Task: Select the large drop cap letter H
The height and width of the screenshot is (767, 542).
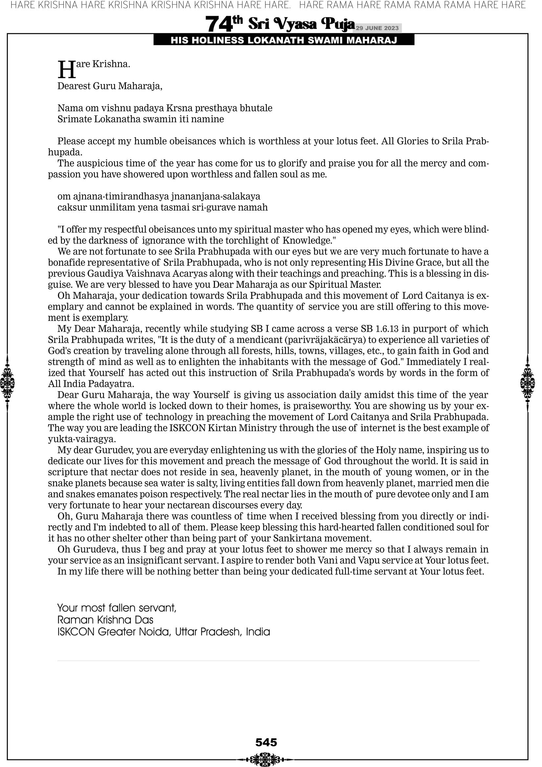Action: tap(66, 70)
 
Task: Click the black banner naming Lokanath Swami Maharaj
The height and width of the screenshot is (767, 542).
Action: tap(284, 40)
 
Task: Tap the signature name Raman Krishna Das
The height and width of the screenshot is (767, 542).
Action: tap(105, 620)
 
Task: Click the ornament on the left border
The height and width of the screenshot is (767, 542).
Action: tap(7, 383)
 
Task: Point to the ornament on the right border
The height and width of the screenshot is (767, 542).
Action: tap(528, 383)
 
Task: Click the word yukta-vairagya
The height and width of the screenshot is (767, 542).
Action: tap(82, 439)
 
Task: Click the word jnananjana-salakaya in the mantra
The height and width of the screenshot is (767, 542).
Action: tap(215, 196)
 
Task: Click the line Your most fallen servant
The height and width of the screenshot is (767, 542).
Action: tap(117, 608)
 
